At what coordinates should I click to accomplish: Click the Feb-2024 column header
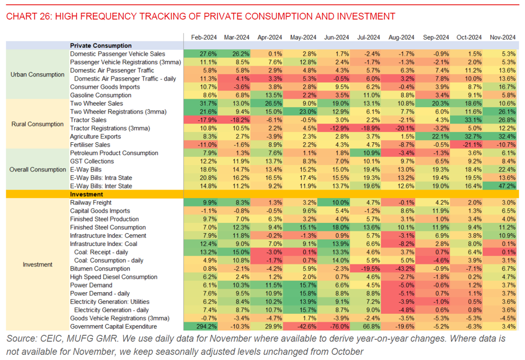pyautogui.click(x=204, y=37)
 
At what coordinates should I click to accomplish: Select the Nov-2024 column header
pyautogui.click(x=502, y=37)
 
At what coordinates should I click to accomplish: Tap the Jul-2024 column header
pyautogui.click(x=369, y=37)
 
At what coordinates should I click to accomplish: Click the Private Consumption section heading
pyautogui.click(x=101, y=46)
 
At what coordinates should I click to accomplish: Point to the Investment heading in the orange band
pyautogui.click(x=86, y=195)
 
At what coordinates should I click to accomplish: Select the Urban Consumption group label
pyautogui.click(x=38, y=74)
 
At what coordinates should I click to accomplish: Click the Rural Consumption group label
pyautogui.click(x=38, y=124)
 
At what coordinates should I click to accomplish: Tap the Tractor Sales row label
pyautogui.click(x=88, y=120)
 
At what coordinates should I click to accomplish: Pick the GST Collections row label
pyautogui.click(x=92, y=161)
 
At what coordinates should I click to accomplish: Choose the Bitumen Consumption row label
pyautogui.click(x=100, y=269)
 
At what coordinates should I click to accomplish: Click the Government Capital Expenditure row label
pyautogui.click(x=113, y=327)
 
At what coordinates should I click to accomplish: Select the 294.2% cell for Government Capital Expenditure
pyautogui.click(x=200, y=327)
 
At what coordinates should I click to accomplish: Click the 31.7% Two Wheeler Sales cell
pyautogui.click(x=200, y=104)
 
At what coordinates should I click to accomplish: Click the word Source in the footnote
pyautogui.click(x=21, y=338)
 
